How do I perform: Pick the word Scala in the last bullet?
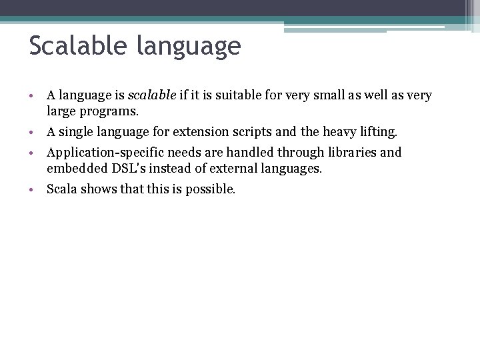tap(61, 189)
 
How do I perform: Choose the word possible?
tap(211, 189)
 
